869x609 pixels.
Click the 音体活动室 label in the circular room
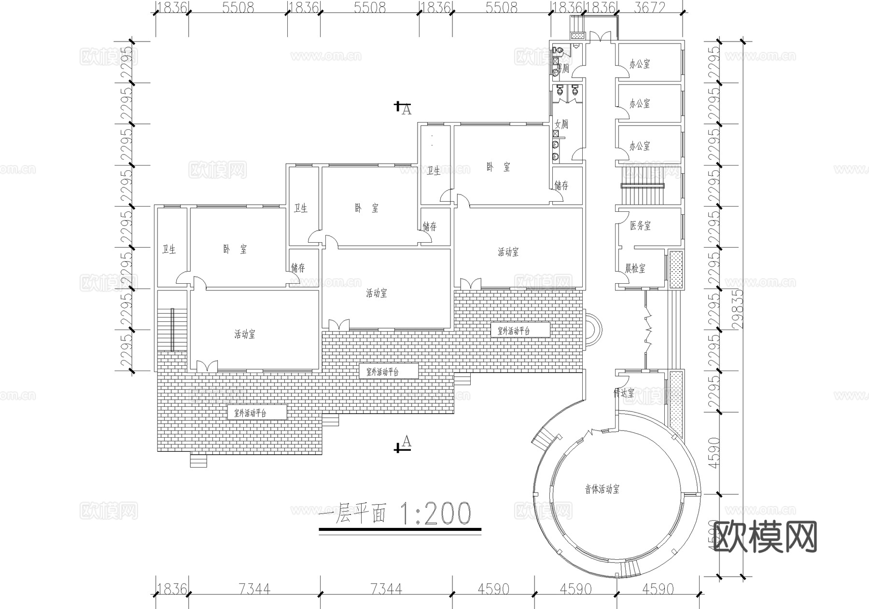602,489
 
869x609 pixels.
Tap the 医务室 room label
640,225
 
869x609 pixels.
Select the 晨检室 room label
635,268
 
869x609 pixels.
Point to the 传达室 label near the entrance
624,393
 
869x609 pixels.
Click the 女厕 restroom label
561,124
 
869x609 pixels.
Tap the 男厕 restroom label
563,68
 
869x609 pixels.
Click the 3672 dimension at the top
650,8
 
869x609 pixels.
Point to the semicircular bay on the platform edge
592,330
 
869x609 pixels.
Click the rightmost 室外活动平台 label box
514,331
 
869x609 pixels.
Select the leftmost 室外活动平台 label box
250,413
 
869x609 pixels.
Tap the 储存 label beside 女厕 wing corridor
561,185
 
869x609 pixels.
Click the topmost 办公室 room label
640,64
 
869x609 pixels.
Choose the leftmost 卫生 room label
169,249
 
